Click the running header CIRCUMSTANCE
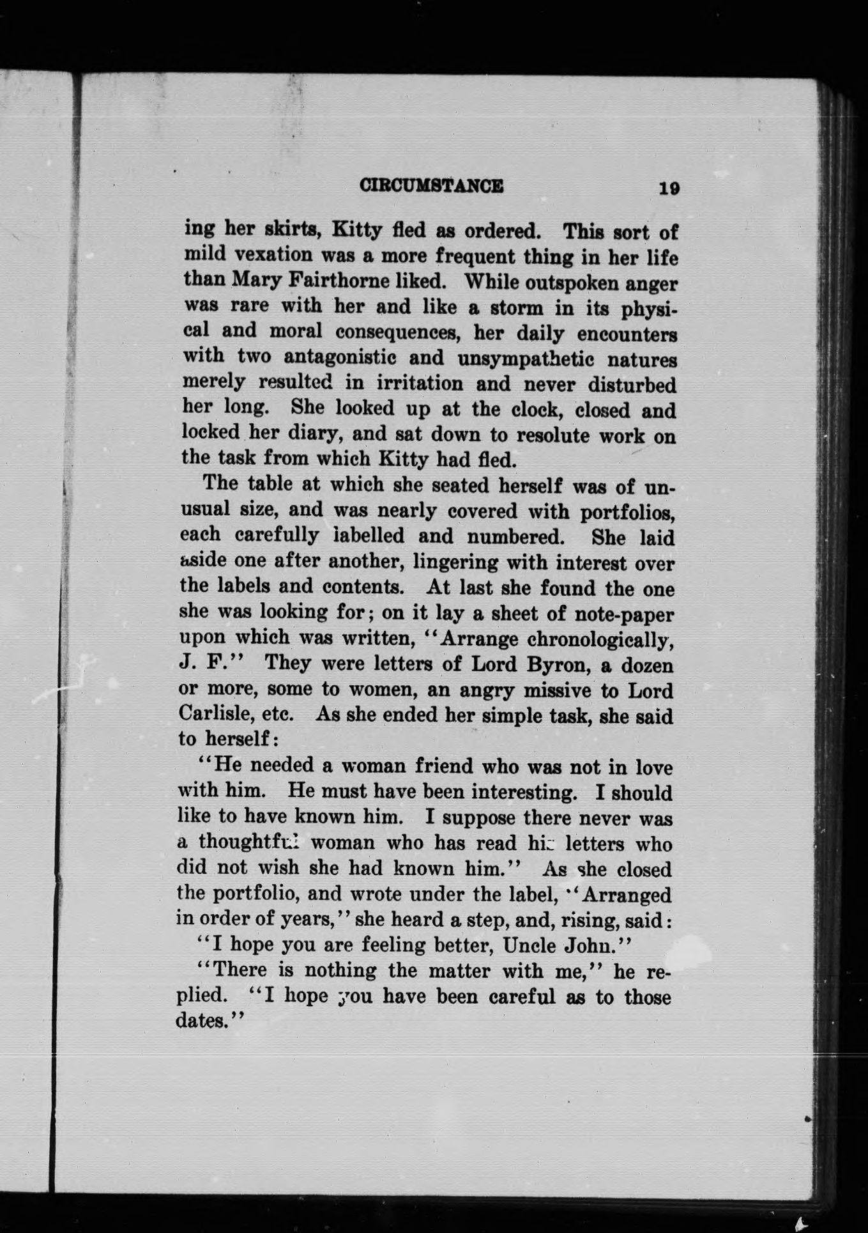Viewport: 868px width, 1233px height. coord(431,186)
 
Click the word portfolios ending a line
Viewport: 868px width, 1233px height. coord(627,512)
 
